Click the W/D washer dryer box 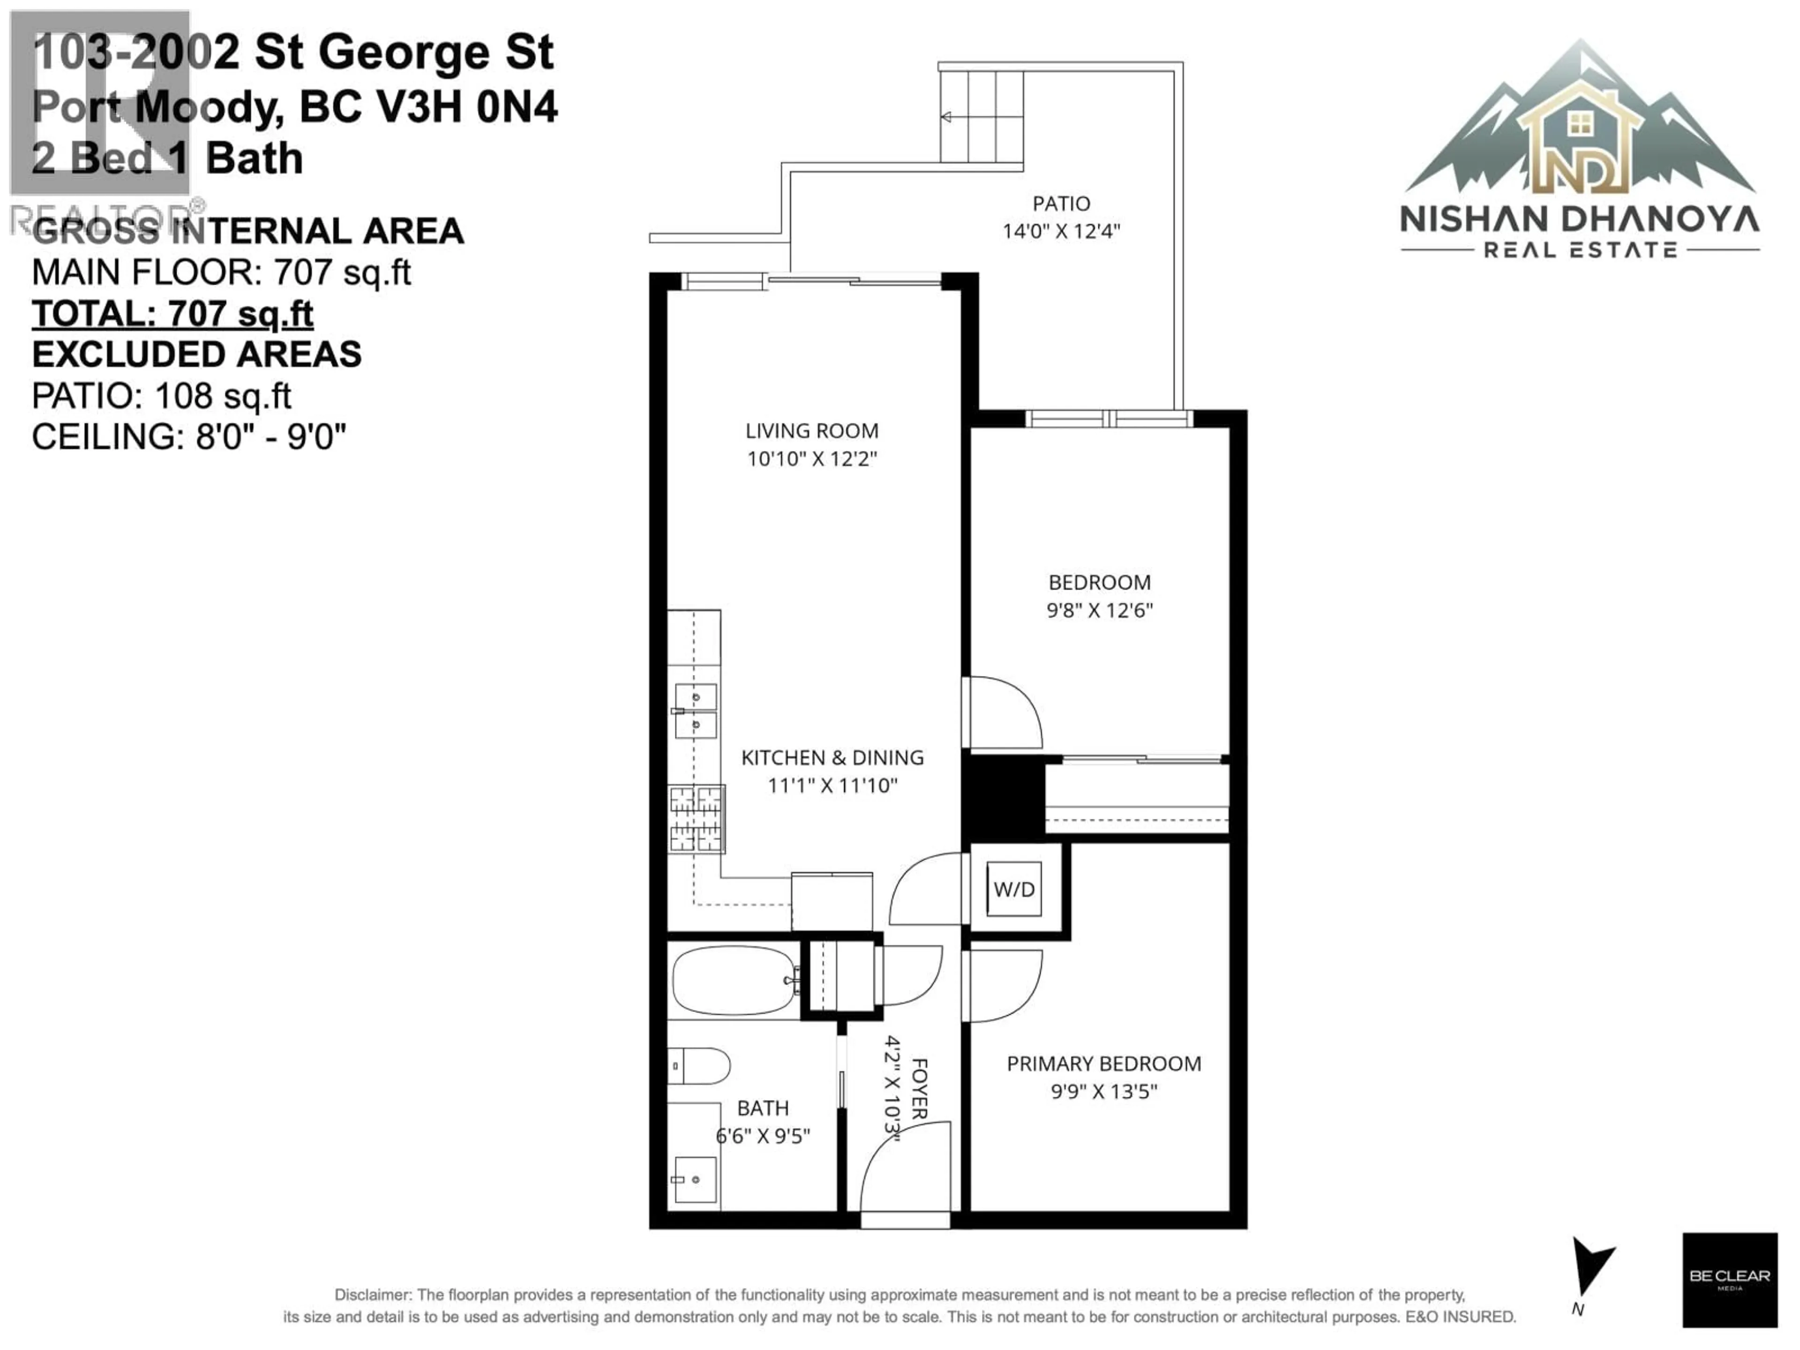1014,889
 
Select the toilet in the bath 700,1065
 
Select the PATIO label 1061,203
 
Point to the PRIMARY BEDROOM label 1103,1064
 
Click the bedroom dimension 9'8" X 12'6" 1099,610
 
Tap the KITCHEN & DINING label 832,757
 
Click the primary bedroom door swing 1003,985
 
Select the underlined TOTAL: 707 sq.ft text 172,314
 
